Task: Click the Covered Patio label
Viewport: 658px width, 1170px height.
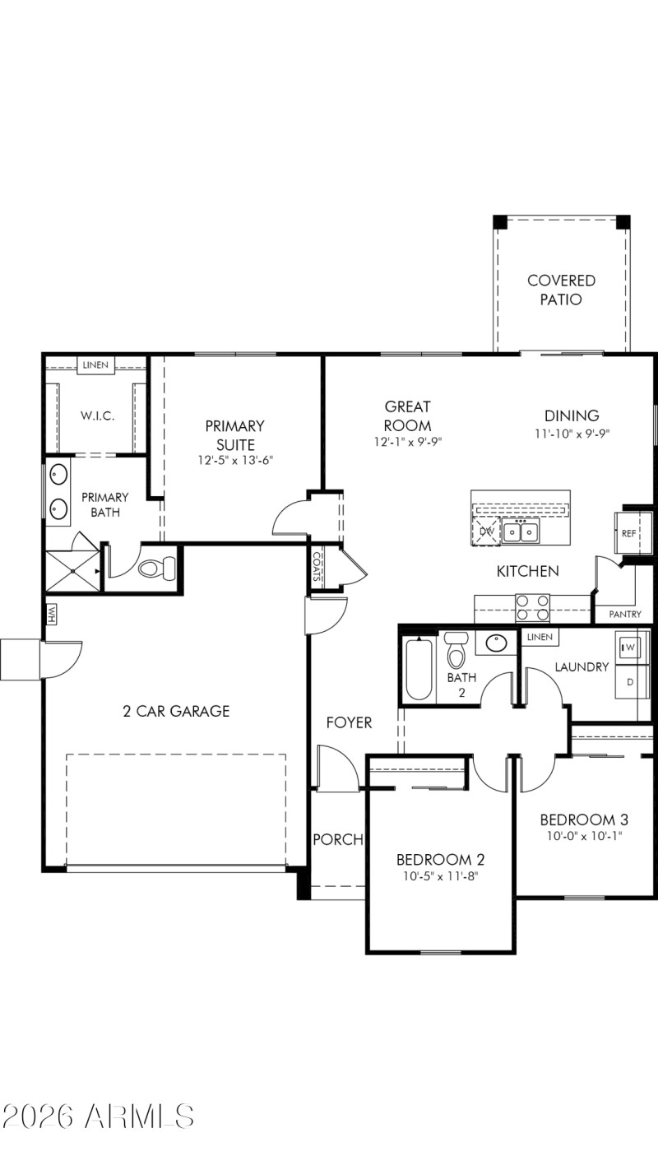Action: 561,290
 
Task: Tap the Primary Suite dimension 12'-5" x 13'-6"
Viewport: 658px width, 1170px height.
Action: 234,461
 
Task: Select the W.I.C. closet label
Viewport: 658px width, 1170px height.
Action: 97,416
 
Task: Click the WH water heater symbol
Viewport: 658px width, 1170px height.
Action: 51,614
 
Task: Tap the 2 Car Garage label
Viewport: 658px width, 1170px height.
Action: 176,711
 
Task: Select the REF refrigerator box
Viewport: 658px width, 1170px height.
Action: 629,533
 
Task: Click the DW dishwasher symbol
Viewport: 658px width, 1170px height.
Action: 487,532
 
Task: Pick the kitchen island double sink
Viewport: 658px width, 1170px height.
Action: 521,532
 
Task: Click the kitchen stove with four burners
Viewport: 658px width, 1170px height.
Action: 532,608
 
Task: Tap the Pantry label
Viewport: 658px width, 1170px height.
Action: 625,614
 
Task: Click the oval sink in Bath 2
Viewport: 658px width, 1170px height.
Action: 496,643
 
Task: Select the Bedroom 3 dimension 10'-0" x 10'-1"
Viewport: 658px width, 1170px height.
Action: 584,836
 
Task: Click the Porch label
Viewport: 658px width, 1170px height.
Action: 338,839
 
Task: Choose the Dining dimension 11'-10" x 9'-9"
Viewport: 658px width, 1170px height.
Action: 572,433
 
